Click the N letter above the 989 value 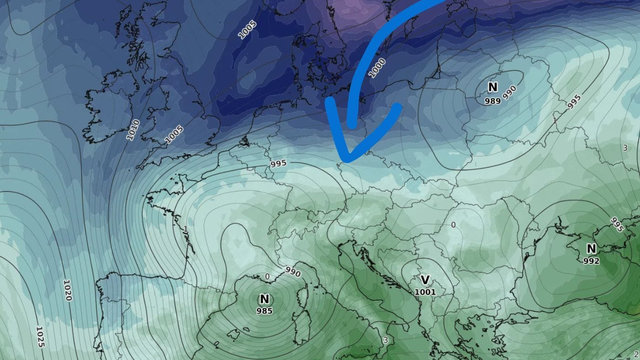(492, 87)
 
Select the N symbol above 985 (264, 299)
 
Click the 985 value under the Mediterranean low (264, 312)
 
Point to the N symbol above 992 (591, 248)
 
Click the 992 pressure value (591, 261)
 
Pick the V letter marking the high (425, 279)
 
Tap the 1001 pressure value (425, 292)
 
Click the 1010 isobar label (135, 129)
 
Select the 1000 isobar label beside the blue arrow (376, 68)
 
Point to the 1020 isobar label (67, 291)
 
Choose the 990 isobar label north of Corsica (292, 271)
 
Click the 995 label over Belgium (278, 164)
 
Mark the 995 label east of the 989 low (573, 102)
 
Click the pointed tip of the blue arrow (340, 160)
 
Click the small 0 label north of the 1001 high (453, 224)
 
